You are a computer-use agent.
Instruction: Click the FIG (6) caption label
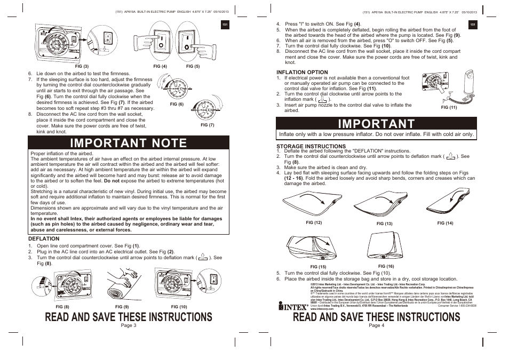[177, 105]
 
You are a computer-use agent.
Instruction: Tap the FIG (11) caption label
[449, 107]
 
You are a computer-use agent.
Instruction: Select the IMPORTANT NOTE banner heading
[129, 142]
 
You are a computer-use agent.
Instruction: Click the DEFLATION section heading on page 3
[44, 238]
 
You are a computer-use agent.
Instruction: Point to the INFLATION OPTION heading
[302, 72]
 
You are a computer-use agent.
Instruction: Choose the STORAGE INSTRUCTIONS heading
[311, 146]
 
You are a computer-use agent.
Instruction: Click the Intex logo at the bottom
[293, 306]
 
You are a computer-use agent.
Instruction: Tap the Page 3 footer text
[129, 325]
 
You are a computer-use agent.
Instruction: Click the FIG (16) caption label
[386, 266]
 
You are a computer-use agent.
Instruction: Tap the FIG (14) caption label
[445, 223]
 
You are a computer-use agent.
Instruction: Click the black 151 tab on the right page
[473, 25]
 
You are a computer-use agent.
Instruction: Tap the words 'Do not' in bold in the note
[112, 181]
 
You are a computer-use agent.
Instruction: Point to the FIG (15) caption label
[318, 267]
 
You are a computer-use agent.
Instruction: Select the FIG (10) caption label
[179, 307]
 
